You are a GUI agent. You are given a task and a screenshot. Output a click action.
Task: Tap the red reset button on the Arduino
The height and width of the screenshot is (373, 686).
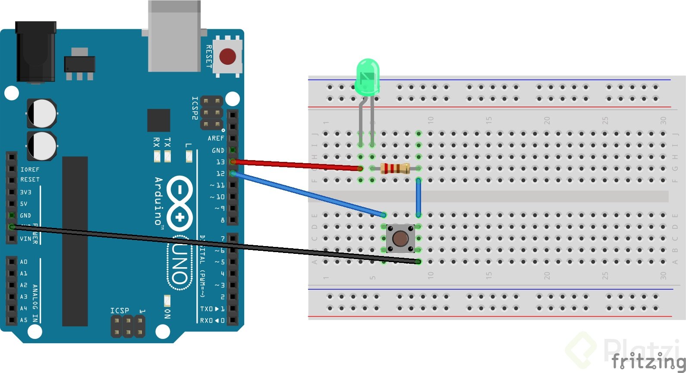tap(227, 57)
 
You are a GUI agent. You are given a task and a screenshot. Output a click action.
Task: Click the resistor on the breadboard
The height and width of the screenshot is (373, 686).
tap(395, 168)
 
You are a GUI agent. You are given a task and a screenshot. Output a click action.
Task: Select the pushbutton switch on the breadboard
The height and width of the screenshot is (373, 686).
tap(400, 238)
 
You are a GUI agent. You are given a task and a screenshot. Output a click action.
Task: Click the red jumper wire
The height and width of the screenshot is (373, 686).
tap(298, 165)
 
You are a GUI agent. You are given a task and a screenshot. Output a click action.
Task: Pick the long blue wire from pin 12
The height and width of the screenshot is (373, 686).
tap(308, 194)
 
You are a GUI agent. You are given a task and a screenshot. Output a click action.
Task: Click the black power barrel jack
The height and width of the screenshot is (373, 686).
tap(35, 52)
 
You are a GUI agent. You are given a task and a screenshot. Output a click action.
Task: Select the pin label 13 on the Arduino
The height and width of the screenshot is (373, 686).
tap(220, 162)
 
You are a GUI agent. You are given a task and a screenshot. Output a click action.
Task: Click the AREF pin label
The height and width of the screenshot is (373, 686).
tap(216, 138)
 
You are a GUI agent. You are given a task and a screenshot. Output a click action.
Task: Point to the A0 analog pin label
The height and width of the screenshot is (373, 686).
tap(23, 262)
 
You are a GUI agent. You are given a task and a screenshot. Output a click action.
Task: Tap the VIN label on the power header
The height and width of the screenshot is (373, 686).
tap(25, 239)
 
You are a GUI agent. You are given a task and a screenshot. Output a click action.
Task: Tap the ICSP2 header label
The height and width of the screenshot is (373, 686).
tap(195, 108)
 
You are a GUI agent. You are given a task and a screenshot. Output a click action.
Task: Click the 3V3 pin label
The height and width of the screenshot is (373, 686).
tap(25, 192)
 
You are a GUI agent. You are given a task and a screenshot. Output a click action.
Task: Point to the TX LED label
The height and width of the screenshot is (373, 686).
tap(167, 142)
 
